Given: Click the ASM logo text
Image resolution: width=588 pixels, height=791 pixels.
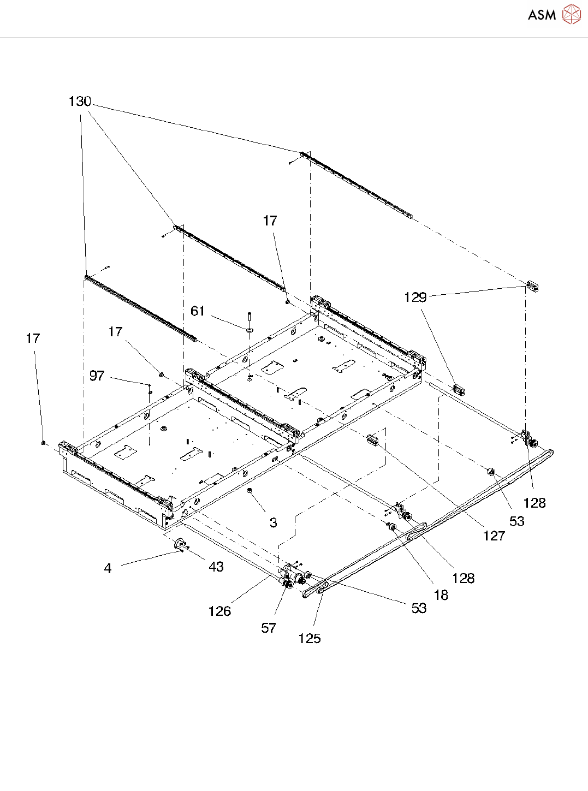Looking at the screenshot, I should tap(541, 15).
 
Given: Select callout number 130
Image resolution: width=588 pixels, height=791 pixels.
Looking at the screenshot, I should tap(80, 102).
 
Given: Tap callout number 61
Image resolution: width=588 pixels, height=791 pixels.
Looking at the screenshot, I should tap(198, 311).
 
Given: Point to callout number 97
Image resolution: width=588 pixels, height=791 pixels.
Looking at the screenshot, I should tap(97, 376).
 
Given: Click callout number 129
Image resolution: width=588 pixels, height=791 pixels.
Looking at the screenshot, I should tap(415, 298).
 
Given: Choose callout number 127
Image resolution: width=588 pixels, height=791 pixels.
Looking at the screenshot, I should tap(494, 536).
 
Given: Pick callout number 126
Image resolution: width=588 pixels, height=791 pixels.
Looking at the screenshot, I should tap(219, 611).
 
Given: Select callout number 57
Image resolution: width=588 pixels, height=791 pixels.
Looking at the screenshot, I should tap(268, 628).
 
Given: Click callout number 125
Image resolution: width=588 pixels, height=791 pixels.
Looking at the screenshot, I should tap(309, 639).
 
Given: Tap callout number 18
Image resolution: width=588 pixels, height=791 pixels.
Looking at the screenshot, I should tap(441, 596).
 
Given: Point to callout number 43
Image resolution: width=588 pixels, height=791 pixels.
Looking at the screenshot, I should tap(216, 567).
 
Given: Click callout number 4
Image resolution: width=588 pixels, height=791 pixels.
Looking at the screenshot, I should tap(108, 569).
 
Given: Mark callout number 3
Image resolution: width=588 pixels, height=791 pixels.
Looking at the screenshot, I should tap(273, 523).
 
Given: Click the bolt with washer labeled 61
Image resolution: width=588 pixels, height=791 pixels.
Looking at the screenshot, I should tap(250, 322).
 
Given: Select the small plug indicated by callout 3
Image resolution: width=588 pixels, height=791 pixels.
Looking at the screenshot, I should tap(250, 491).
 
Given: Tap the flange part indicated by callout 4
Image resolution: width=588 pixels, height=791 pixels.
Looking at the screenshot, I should tap(178, 544).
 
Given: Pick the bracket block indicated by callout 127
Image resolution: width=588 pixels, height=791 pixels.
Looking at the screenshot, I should tap(373, 439).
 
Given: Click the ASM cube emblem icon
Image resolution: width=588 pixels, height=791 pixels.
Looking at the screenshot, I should tap(571, 15).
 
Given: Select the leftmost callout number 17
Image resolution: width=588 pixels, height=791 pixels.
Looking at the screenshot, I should tap(33, 338).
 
